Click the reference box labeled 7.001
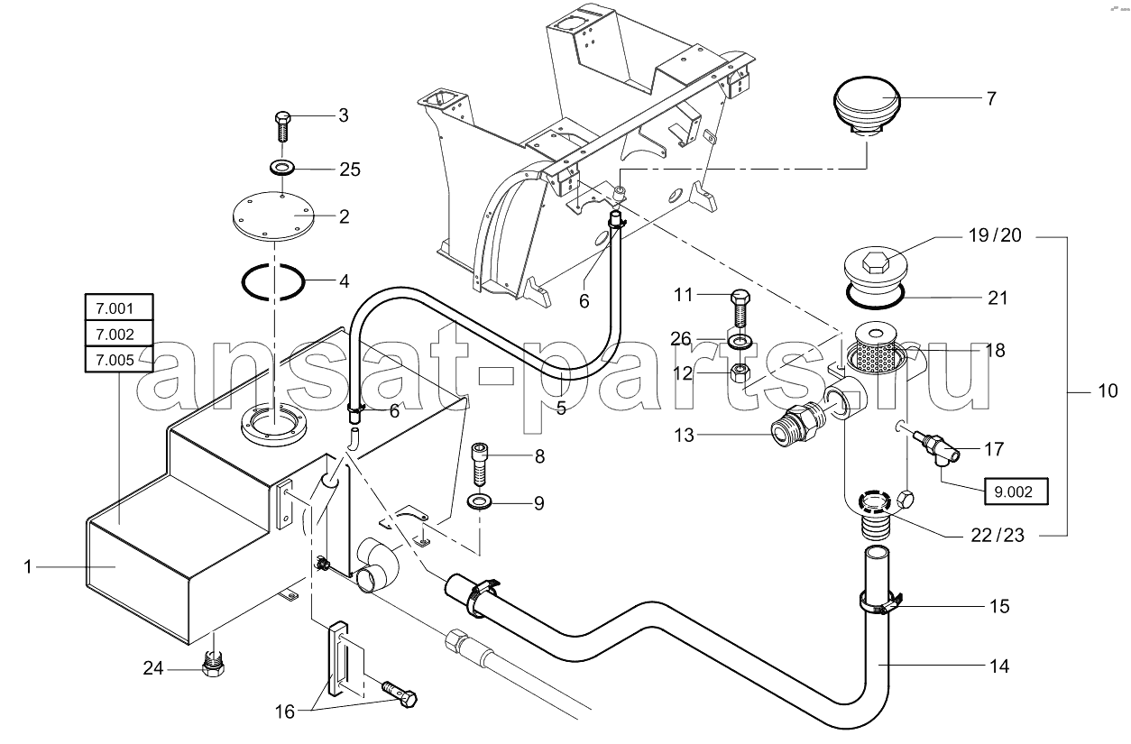(119, 308)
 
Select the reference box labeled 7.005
(119, 360)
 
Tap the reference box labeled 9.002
(1016, 491)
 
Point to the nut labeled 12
(740, 374)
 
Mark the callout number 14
(999, 666)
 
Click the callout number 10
(1108, 390)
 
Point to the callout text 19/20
(995, 235)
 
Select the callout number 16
(284, 712)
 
